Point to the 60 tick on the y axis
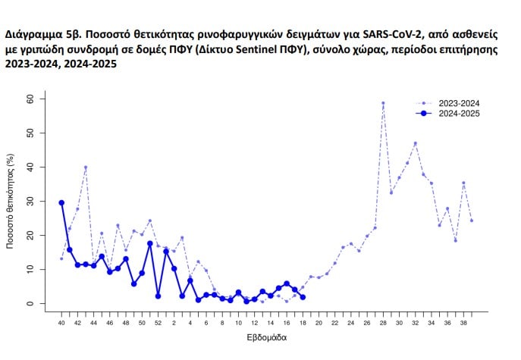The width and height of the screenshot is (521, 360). click(x=30, y=99)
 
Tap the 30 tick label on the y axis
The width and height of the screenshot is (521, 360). click(x=30, y=201)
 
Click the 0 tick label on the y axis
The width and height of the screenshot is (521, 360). click(x=30, y=303)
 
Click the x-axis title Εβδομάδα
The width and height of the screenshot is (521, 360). click(x=266, y=338)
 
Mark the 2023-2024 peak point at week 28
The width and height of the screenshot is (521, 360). click(x=383, y=103)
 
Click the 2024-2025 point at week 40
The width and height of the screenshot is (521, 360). click(x=61, y=202)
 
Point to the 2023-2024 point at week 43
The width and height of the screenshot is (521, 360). click(x=86, y=167)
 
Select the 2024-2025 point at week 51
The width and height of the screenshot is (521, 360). click(x=150, y=243)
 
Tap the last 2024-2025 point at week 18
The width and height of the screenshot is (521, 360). click(x=303, y=297)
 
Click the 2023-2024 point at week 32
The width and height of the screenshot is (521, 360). click(x=415, y=143)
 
